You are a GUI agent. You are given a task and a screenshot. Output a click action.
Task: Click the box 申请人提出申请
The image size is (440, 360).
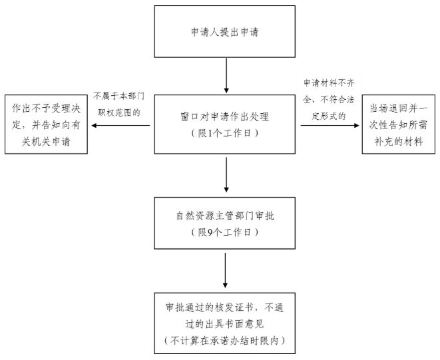pos(226,32)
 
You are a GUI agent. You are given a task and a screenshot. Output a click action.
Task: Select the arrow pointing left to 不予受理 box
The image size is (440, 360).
pos(122,124)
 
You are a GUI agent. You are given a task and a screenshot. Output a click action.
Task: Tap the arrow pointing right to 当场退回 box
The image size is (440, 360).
pos(331,124)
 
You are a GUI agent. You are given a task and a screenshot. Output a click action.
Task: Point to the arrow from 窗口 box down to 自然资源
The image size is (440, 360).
pos(226,175)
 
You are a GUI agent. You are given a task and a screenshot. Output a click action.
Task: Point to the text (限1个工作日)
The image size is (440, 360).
pos(226,132)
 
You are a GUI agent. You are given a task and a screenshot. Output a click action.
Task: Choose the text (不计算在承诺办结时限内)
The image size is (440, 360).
pos(226,339)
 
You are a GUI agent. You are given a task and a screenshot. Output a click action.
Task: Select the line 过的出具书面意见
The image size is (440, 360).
pos(226,323)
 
